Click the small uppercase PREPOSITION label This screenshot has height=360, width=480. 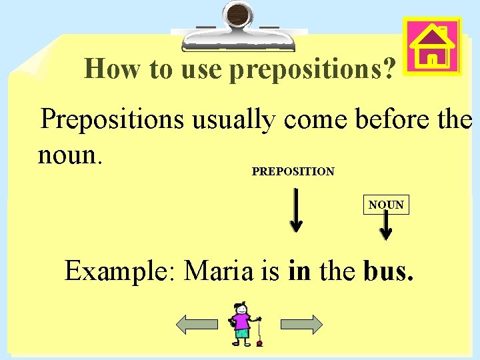tap(293, 171)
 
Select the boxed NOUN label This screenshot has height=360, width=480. tap(387, 205)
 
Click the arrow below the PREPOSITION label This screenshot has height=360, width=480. tap(296, 211)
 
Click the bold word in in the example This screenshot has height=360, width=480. tap(299, 271)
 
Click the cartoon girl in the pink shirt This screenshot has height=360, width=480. tap(241, 324)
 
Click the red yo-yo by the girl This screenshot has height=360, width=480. tap(259, 344)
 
